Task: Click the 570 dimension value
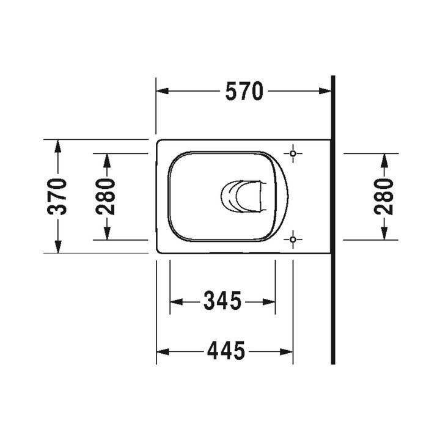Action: point(244,91)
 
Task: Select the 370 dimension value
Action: point(57,196)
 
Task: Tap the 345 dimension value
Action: point(222,300)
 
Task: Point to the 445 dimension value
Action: point(226,350)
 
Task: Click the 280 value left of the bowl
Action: point(106,196)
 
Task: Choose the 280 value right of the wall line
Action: point(384,196)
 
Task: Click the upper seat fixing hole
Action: point(293,153)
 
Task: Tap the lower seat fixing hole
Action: point(293,240)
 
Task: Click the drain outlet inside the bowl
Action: point(243,196)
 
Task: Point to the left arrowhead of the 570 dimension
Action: point(162,91)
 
